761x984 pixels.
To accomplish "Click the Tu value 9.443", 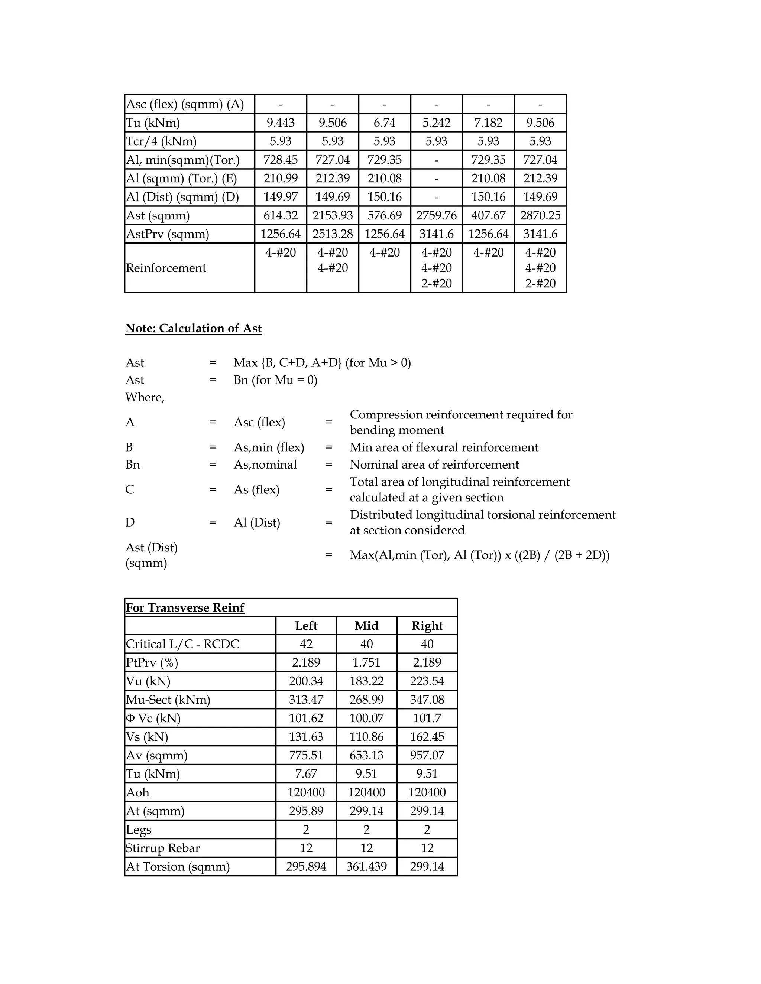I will click(x=281, y=123).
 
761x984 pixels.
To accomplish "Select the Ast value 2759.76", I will click(x=436, y=215).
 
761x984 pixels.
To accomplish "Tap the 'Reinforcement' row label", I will click(x=166, y=268).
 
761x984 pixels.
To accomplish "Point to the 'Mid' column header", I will click(x=366, y=625).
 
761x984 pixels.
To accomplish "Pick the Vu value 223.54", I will click(x=427, y=681).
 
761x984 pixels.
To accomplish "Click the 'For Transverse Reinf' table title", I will click(x=185, y=607).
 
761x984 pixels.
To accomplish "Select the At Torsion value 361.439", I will click(x=366, y=866).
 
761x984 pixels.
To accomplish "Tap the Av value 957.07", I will click(x=427, y=755).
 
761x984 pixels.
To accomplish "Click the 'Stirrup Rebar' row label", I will click(x=162, y=848).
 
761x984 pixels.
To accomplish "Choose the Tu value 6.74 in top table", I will click(x=385, y=123).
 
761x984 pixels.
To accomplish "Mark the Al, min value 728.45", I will click(x=281, y=160).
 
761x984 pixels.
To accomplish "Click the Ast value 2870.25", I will click(x=540, y=215).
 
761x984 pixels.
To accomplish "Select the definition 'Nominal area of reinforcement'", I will click(x=434, y=465).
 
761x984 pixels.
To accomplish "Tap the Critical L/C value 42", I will click(x=306, y=644).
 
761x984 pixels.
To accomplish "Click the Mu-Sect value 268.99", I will click(x=366, y=700).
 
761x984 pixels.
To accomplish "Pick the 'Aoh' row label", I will click(x=137, y=792).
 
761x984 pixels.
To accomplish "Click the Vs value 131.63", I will click(x=306, y=737).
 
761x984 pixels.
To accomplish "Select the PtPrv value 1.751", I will click(x=366, y=662).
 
